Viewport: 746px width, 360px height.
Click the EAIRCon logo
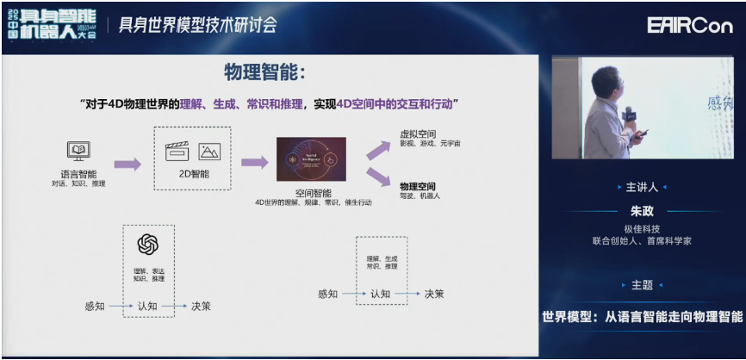(691, 25)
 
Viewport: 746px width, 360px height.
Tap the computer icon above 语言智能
(80, 152)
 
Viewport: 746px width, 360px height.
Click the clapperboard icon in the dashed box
(177, 152)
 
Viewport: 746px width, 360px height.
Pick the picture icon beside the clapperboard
(209, 152)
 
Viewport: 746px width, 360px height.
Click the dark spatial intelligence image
(311, 158)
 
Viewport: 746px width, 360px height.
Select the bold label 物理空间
(417, 185)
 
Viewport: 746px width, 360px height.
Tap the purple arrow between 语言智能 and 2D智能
(127, 163)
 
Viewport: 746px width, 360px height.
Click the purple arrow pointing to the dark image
(254, 163)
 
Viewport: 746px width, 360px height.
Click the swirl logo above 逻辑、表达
(149, 245)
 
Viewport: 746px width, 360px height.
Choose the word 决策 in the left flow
(202, 306)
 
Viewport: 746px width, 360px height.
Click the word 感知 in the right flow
(328, 294)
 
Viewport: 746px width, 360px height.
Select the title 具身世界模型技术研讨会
(197, 25)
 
